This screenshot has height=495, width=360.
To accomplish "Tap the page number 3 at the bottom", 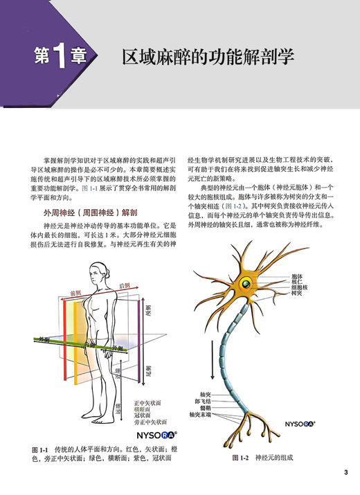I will tap(345, 473).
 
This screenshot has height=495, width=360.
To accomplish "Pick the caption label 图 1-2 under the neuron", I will tap(240, 458).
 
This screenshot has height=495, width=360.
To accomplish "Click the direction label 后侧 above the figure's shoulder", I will tap(125, 285).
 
